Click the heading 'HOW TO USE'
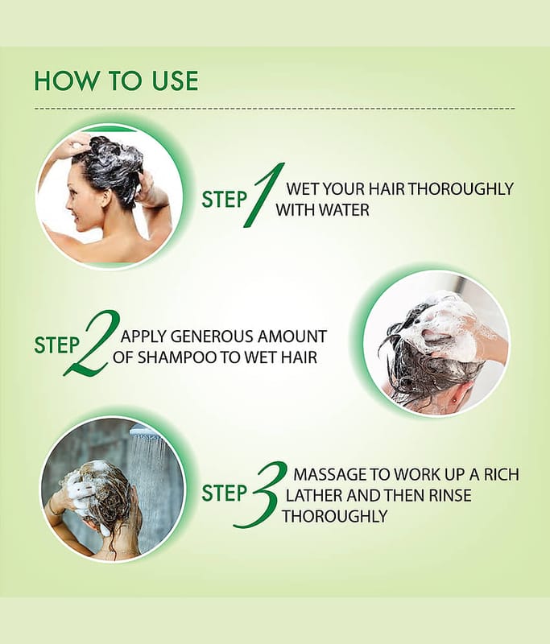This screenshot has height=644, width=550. pyautogui.click(x=116, y=80)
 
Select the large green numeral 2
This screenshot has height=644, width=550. pyautogui.click(x=92, y=343)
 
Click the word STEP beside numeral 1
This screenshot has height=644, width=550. pyautogui.click(x=224, y=200)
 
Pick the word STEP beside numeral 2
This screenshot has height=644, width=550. pyautogui.click(x=56, y=345)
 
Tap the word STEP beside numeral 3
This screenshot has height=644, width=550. pyautogui.click(x=224, y=493)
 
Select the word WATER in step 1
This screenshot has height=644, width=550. pyautogui.click(x=344, y=210)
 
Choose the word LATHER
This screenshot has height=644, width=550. pyautogui.click(x=314, y=495)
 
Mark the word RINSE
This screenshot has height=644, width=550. pyautogui.click(x=450, y=495)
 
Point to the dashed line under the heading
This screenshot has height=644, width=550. pyautogui.click(x=275, y=109)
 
